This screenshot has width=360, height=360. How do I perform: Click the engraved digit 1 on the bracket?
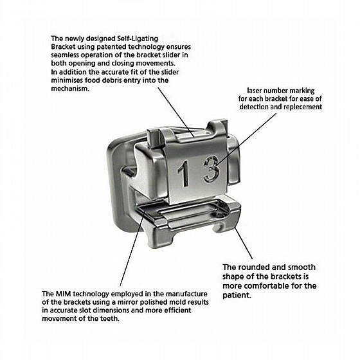pyautogui.click(x=184, y=173)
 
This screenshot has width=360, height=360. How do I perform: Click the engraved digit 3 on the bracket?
pyautogui.click(x=212, y=169)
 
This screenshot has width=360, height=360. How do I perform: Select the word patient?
pyautogui.click(x=237, y=295)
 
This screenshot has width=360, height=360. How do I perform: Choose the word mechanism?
pyautogui.click(x=69, y=89)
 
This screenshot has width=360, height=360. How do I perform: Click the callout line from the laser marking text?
pyautogui.click(x=247, y=139)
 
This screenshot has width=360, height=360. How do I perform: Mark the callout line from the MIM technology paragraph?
pyautogui.click(x=132, y=247)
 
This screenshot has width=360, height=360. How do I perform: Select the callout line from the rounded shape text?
pyautogui.click(x=244, y=244)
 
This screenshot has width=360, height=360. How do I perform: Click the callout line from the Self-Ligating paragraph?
pyautogui.click(x=176, y=112)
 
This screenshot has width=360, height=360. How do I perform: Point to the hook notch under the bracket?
pyautogui.click(x=218, y=228)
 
